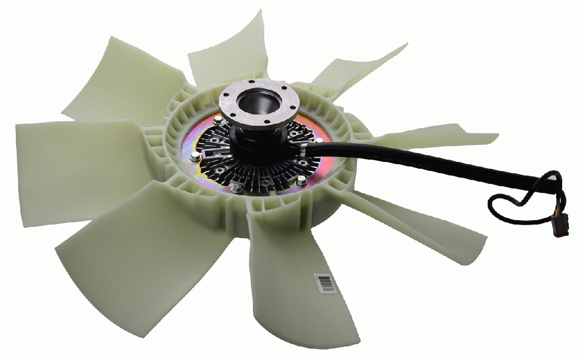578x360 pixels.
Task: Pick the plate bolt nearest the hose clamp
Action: tap(318, 139)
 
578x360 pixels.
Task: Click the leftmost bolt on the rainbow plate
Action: tap(195, 157)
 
